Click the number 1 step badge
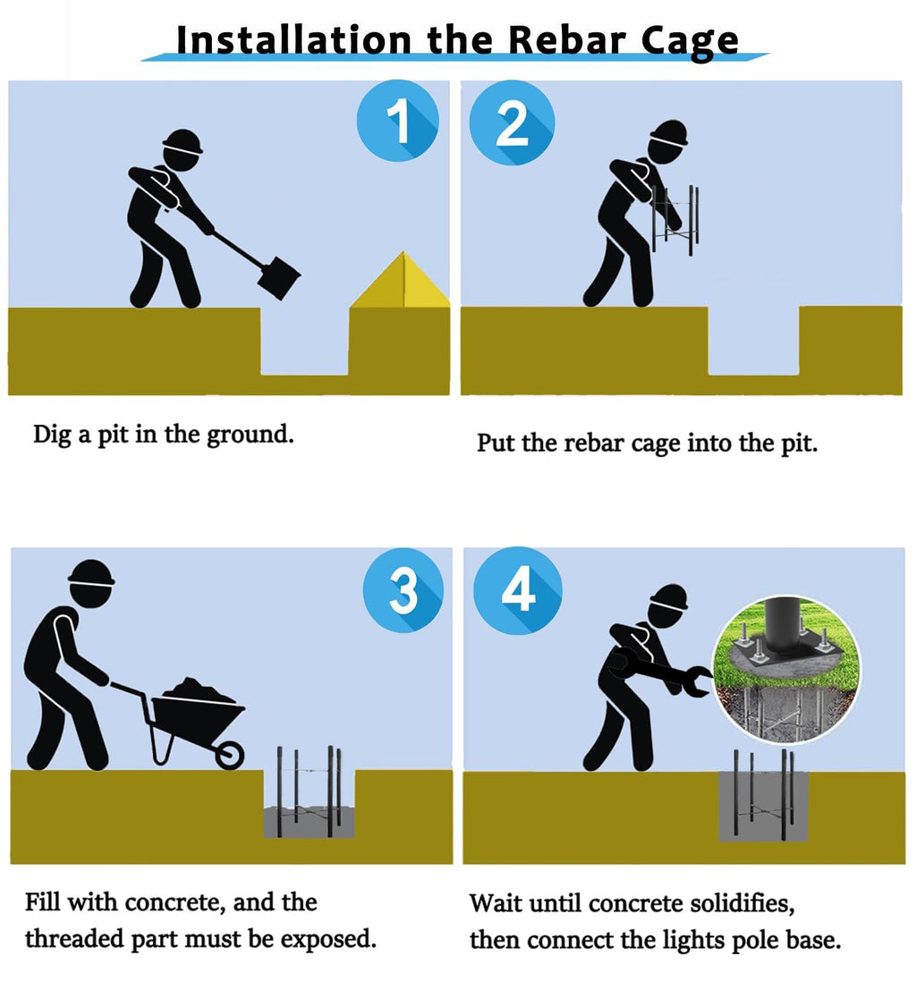coord(398,121)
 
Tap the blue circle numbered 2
coord(512,123)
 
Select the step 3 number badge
coord(403,590)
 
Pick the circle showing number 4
coord(518,590)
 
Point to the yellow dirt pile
coord(400,280)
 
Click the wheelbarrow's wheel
coord(229,756)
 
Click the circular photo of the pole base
coord(787,670)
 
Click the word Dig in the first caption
coord(52,436)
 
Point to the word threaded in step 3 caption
coord(74,939)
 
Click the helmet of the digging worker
coord(182,141)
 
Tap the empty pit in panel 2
coord(754,341)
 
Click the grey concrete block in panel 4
coord(763,807)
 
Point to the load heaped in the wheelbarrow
coord(198,690)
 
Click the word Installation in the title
coord(293,40)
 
